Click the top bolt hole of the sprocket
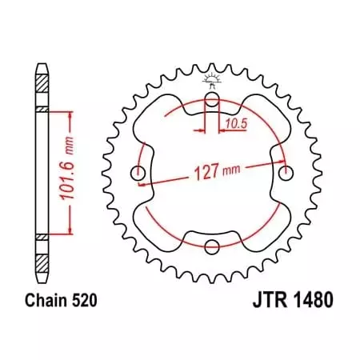pyautogui.click(x=212, y=99)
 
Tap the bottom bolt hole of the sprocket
pyautogui.click(x=212, y=246)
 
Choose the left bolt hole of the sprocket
pyautogui.click(x=138, y=173)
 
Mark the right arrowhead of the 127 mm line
pyautogui.click(x=278, y=166)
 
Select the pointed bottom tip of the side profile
pyautogui.click(x=42, y=282)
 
